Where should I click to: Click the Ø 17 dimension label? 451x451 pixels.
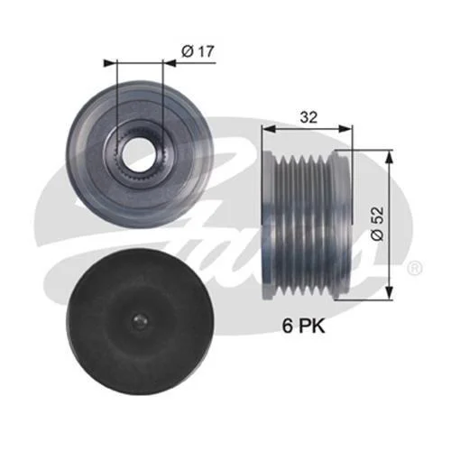pos(198,51)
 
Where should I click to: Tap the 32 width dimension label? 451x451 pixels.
pos(308,117)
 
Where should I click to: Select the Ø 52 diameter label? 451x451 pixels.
pos(378,224)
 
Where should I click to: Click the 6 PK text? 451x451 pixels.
pos(303,327)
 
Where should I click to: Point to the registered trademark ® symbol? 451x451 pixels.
pos(416,268)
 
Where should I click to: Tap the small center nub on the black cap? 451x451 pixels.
pos(139,322)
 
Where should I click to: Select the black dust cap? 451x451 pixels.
pos(140,322)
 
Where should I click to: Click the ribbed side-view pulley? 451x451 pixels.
pos(307,225)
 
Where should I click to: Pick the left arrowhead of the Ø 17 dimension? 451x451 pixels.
pos(109,63)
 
